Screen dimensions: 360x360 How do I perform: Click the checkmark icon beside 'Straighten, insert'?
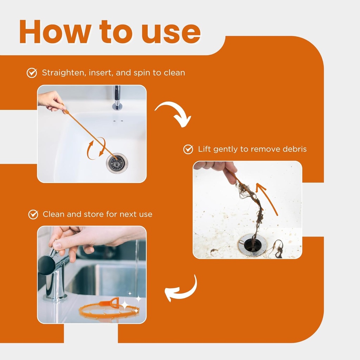[x=32, y=73]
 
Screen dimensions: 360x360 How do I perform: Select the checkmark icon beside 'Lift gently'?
[x=188, y=149]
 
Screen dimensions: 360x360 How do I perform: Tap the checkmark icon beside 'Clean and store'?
[x=33, y=214]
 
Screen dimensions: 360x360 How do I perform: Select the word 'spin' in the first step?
[x=142, y=73]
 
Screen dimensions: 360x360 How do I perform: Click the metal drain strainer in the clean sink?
[x=117, y=163]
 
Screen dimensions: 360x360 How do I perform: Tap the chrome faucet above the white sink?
[x=117, y=98]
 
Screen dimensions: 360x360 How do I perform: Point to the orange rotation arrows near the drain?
[x=96, y=148]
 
